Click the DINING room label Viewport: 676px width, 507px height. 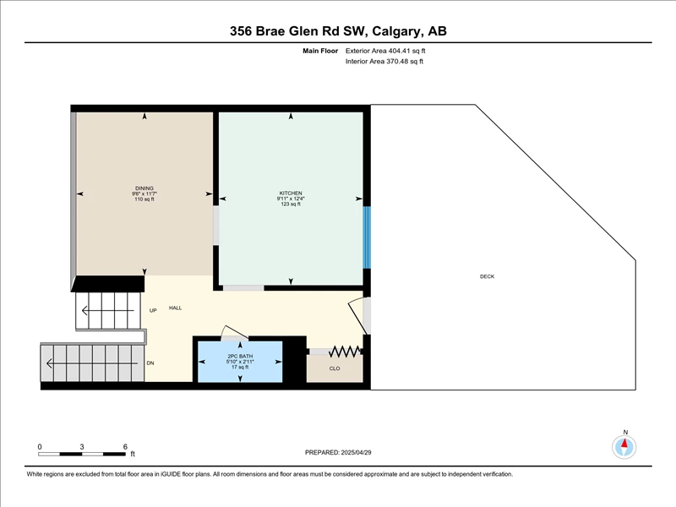click(x=144, y=188)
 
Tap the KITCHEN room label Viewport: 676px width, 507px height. click(x=291, y=194)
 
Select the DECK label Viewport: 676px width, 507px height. click(x=488, y=276)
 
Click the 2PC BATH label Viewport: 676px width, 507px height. click(x=240, y=356)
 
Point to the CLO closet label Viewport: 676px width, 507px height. click(x=335, y=368)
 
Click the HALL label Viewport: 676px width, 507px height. click(x=176, y=308)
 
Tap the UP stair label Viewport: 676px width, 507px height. click(x=153, y=310)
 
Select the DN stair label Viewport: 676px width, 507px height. click(x=150, y=363)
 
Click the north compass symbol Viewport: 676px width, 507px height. click(x=624, y=447)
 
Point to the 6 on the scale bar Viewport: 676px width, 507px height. click(x=125, y=447)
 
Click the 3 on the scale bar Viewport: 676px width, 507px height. click(x=81, y=447)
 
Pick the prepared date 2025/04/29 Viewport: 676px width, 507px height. click(x=356, y=452)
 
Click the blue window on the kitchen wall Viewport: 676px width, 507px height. click(x=367, y=237)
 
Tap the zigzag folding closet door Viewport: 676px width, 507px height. click(x=345, y=352)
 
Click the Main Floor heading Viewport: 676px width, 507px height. click(x=320, y=51)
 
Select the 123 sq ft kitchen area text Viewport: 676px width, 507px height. click(x=291, y=204)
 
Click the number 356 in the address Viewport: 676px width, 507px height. click(x=241, y=31)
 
